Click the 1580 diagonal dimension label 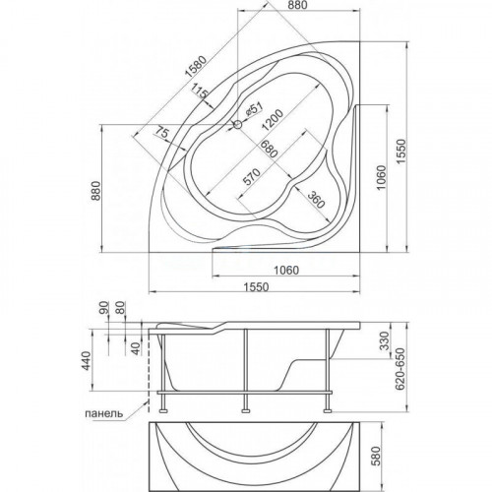[x=196, y=67]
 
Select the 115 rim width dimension [x=200, y=92]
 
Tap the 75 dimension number [x=161, y=133]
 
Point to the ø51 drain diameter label [x=254, y=108]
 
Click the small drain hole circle [x=237, y=124]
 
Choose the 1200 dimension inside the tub [x=272, y=120]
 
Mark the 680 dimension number [x=269, y=149]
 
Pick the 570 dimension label [x=252, y=177]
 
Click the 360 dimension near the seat [x=316, y=199]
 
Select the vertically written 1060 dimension [x=382, y=177]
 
